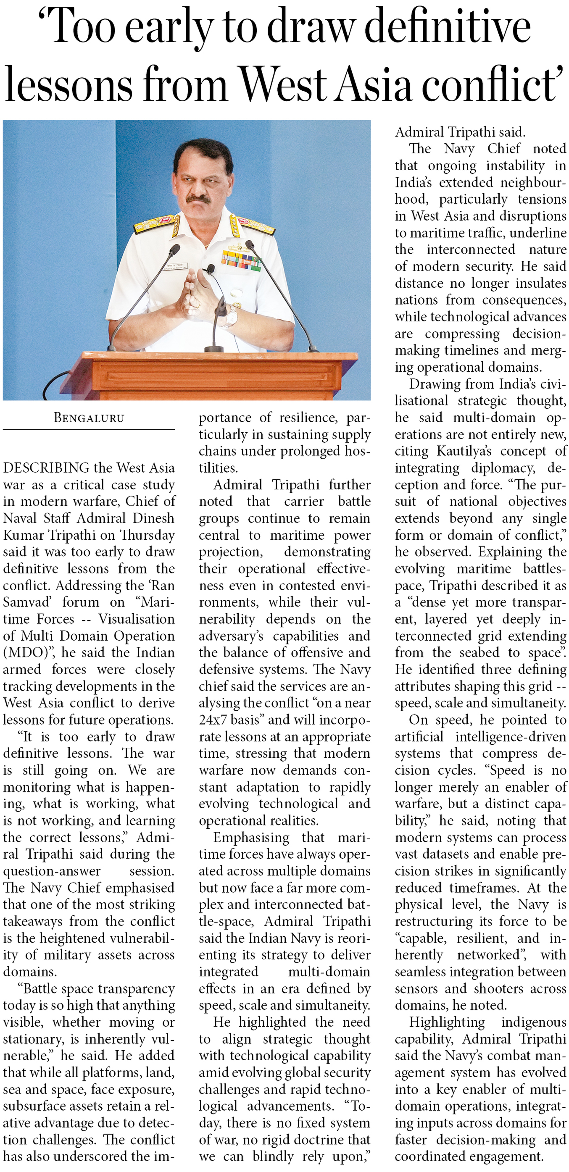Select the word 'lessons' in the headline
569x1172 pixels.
(x=68, y=84)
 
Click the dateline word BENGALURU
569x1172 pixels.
(x=89, y=418)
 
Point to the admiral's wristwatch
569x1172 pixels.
(x=231, y=316)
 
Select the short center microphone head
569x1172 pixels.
(x=210, y=269)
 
